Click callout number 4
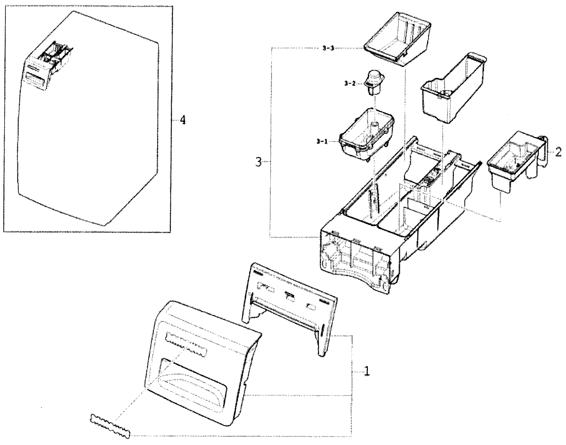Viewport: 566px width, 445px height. pyautogui.click(x=182, y=120)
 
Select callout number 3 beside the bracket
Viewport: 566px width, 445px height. pyautogui.click(x=258, y=162)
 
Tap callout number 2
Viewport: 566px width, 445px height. pyautogui.click(x=559, y=152)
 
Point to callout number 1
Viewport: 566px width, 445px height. pyautogui.click(x=367, y=371)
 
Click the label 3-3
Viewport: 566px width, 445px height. pyautogui.click(x=328, y=48)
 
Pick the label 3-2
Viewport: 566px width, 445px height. pyautogui.click(x=350, y=83)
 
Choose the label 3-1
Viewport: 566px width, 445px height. pyautogui.click(x=322, y=141)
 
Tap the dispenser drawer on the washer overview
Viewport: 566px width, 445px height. pyautogui.click(x=49, y=67)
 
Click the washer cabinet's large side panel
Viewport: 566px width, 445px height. pyautogui.click(x=92, y=133)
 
